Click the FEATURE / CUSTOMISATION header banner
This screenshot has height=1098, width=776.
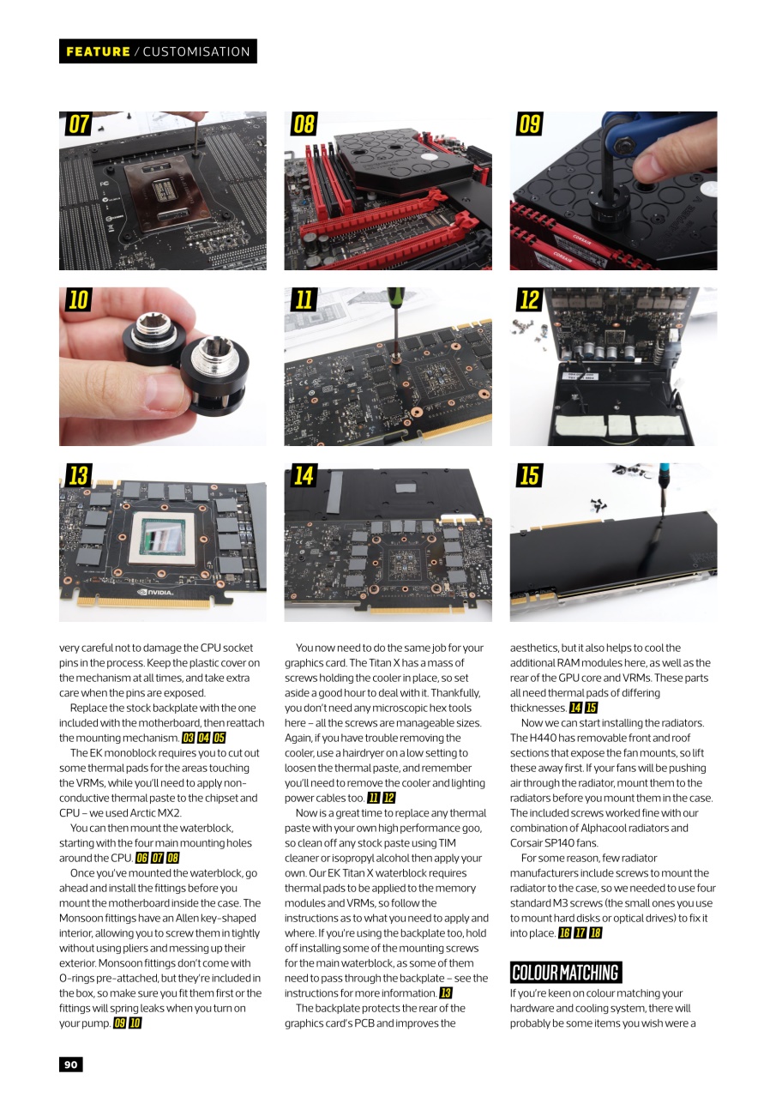tap(158, 51)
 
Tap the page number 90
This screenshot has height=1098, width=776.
tap(70, 1065)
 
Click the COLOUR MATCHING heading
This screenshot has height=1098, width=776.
tap(565, 972)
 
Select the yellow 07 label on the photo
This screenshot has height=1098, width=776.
tap(79, 124)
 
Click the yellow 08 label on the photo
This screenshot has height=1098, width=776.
tap(304, 124)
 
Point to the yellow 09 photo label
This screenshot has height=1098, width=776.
tap(529, 124)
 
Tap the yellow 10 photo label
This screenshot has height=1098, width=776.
tap(79, 300)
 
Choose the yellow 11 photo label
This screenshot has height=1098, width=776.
tap(304, 300)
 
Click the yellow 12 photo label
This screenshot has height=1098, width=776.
tap(529, 300)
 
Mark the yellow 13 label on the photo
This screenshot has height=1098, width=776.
tap(79, 475)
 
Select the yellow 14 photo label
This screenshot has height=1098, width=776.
tap(304, 475)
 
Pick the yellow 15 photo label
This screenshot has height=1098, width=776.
tap(529, 475)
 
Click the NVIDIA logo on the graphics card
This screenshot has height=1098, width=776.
tap(155, 592)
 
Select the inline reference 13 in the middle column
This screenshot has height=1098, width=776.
tap(445, 993)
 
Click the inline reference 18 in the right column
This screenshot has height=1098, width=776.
tap(595, 933)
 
